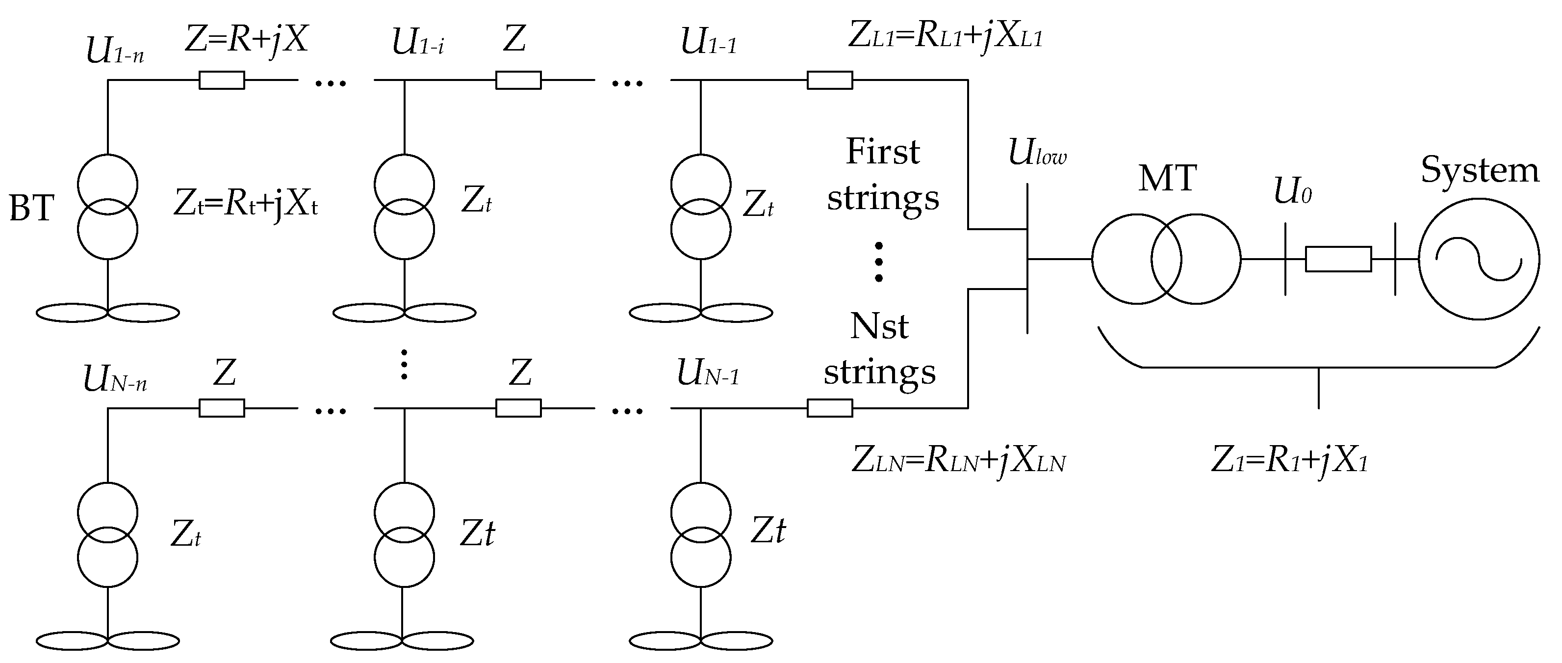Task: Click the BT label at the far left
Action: tap(31, 208)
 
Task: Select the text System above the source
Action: tap(1480, 170)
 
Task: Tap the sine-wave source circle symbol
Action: tap(1478, 259)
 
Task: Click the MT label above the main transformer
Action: tap(1167, 178)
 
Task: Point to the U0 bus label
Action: tap(1292, 192)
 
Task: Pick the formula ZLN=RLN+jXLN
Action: tap(959, 460)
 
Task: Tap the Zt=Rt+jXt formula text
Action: tap(246, 205)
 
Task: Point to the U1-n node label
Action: tap(115, 51)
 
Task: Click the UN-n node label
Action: tap(115, 379)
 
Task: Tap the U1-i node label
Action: tap(418, 43)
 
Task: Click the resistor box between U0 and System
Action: tap(1338, 259)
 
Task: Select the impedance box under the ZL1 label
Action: tap(829, 80)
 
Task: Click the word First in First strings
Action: tap(882, 152)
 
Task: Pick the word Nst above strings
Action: tap(879, 326)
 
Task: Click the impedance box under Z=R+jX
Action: tap(222, 80)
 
